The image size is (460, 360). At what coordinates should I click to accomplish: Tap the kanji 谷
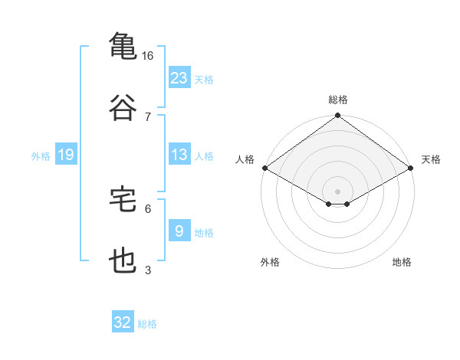tap(123, 108)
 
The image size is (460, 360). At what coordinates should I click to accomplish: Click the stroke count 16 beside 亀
tap(148, 56)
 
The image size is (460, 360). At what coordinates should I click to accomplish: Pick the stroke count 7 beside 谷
tap(148, 116)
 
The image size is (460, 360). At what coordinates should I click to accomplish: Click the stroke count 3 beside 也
tap(148, 270)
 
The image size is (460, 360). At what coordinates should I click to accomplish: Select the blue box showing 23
tap(179, 77)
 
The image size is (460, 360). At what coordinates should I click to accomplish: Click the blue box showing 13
tap(179, 155)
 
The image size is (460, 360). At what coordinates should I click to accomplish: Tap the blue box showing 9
tap(179, 231)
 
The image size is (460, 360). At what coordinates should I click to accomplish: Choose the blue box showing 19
tap(66, 155)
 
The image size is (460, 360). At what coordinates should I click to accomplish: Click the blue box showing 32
tap(123, 322)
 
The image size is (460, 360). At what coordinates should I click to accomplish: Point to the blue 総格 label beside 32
tap(147, 324)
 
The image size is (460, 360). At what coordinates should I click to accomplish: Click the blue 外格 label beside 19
tap(41, 155)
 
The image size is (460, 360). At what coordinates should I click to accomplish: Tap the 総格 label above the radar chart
tap(338, 100)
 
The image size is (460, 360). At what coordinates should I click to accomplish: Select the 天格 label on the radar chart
tap(431, 159)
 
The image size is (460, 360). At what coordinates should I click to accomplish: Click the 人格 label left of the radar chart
tap(245, 159)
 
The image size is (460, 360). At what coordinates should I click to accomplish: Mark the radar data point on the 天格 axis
tap(412, 168)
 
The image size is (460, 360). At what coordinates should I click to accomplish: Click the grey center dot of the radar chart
tap(338, 191)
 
